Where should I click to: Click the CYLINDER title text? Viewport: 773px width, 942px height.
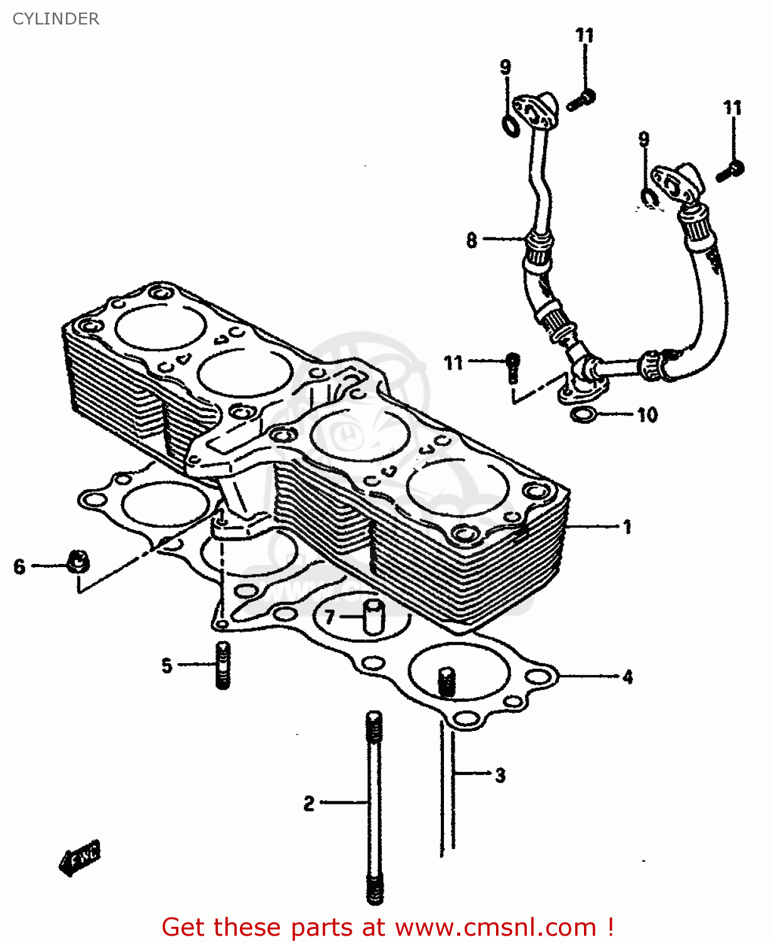coord(55,19)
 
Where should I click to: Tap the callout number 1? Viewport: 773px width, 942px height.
coord(627,526)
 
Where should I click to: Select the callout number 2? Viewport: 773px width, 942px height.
coord(308,803)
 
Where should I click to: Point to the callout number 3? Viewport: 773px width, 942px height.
coord(500,775)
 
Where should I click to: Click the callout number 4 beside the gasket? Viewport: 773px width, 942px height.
coord(627,677)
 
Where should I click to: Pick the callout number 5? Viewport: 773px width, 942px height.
coord(166,665)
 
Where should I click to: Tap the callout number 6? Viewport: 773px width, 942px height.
coord(19,566)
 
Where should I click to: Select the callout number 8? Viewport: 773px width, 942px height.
coord(472,240)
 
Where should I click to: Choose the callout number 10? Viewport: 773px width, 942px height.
coord(647,414)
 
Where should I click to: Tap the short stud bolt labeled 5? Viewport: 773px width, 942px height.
coord(223,666)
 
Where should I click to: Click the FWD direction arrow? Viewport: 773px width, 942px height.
coord(80,857)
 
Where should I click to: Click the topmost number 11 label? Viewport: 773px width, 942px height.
coord(585,35)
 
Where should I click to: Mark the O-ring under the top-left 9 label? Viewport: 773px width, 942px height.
coord(511,126)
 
